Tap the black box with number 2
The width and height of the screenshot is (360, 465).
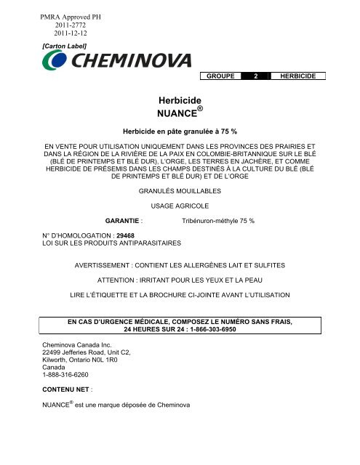(256, 76)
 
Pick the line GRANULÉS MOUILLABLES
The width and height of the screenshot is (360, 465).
(180, 192)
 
